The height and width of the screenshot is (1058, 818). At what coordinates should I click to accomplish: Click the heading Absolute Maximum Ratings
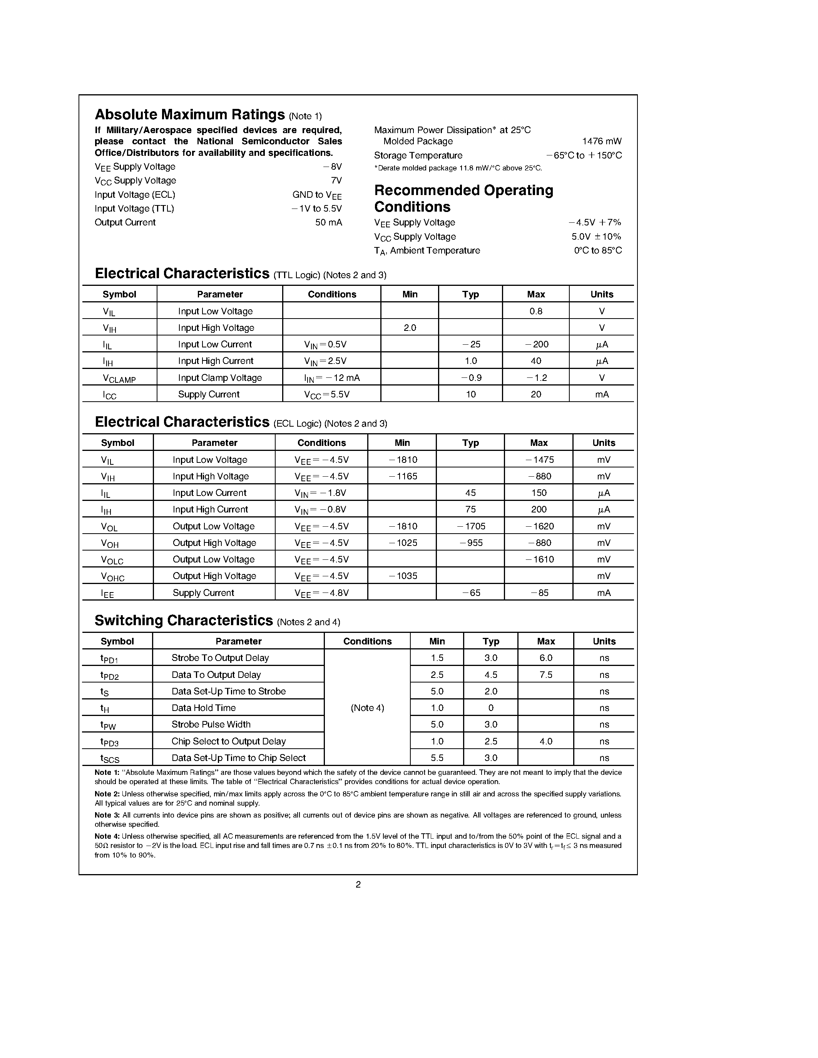tap(189, 114)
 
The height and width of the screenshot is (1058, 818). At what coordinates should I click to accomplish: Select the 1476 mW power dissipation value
tap(601, 142)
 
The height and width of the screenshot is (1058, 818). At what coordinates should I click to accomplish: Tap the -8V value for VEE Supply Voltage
tap(333, 167)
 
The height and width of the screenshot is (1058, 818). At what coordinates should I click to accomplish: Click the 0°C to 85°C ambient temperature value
tap(597, 250)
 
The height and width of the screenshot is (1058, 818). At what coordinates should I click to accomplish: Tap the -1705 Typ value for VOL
tap(471, 526)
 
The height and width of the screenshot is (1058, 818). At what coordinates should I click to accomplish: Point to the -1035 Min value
tap(403, 576)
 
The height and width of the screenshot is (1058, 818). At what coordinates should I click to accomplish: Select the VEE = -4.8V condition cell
tap(321, 593)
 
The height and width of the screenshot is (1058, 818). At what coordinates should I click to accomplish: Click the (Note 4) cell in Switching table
tap(367, 708)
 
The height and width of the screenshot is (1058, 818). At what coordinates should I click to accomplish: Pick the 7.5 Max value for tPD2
tap(546, 675)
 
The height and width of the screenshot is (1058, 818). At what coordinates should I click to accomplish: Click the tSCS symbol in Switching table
tap(110, 758)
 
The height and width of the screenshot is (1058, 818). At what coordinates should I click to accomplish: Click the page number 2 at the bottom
tap(358, 884)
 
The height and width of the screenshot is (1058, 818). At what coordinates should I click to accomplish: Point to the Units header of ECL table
tap(603, 443)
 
